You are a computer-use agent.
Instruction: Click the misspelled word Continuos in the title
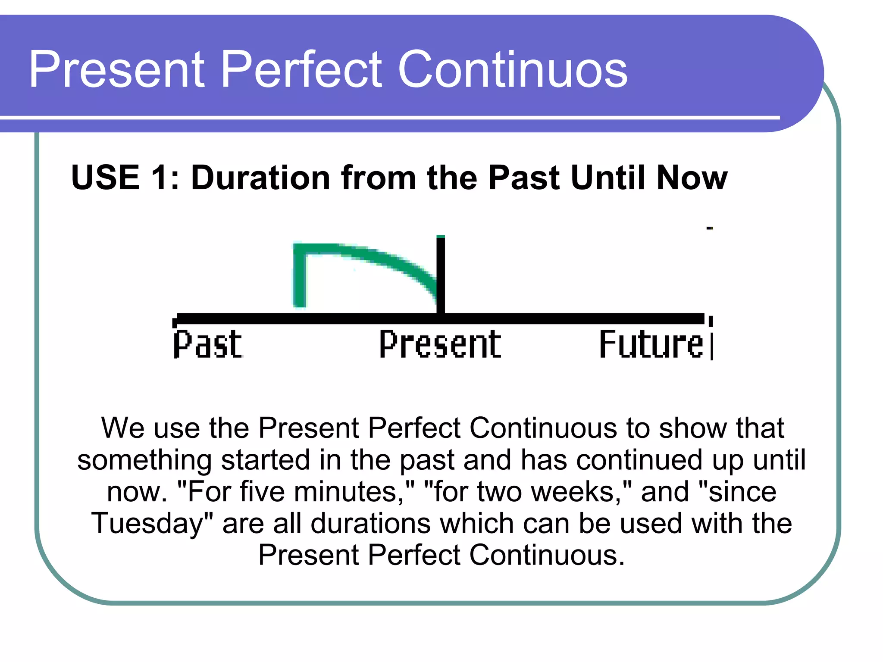pyautogui.click(x=513, y=69)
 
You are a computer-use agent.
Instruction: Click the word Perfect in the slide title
pyautogui.click(x=301, y=69)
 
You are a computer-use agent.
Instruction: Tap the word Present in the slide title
pyautogui.click(x=117, y=69)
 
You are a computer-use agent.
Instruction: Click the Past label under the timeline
pyautogui.click(x=208, y=344)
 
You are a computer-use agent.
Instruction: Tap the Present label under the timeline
pyautogui.click(x=440, y=344)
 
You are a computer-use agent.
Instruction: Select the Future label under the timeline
pyautogui.click(x=651, y=344)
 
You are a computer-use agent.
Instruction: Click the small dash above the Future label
pyautogui.click(x=710, y=228)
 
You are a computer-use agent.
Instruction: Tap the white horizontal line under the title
pyautogui.click(x=390, y=117)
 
